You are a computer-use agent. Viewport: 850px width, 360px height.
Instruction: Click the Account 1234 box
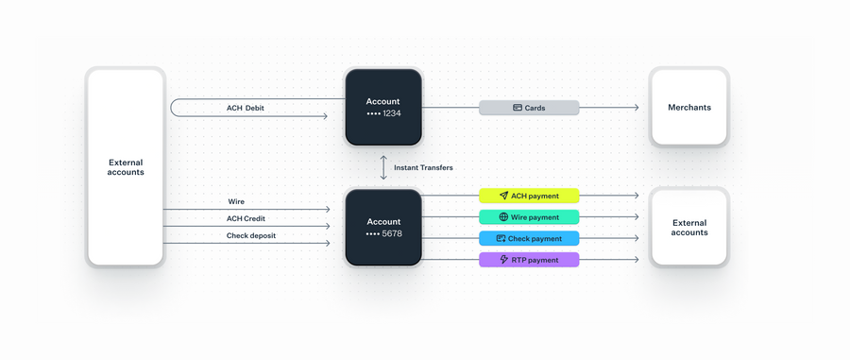382,107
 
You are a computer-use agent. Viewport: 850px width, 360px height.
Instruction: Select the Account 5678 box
382,228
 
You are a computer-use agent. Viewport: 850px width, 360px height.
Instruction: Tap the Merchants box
688,107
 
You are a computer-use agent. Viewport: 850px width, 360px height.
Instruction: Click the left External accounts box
126,167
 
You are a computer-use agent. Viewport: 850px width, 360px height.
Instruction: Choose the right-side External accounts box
688,228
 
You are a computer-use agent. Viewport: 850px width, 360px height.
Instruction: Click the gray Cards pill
529,108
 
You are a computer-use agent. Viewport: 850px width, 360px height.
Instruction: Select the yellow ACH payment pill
529,196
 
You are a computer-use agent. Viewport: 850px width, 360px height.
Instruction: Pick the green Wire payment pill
529,217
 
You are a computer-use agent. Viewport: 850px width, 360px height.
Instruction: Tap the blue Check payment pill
529,238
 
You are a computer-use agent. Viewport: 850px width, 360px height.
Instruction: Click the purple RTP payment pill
529,260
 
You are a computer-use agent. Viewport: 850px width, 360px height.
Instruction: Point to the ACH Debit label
246,108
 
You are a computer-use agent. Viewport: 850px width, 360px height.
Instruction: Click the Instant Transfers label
423,167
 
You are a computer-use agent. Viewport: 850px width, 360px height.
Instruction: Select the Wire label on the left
236,201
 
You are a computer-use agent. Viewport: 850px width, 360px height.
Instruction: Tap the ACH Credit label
246,218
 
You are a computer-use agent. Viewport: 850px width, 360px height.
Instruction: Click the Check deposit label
251,235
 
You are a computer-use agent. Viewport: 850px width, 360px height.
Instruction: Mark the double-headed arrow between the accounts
382,167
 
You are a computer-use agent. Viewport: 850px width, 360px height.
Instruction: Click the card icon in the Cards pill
518,108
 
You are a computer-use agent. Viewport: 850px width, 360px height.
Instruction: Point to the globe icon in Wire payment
504,217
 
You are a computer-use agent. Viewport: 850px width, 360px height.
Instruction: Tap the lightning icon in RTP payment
504,260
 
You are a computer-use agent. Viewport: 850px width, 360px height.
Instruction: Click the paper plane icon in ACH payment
504,196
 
